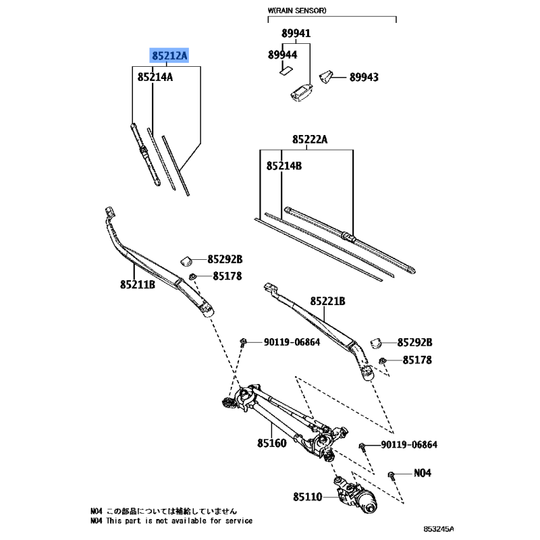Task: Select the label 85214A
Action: click(x=155, y=77)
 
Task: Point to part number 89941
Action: click(x=296, y=33)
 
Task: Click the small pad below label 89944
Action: click(x=285, y=68)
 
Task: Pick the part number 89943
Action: click(x=364, y=78)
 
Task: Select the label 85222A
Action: click(x=310, y=140)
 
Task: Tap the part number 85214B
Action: click(x=283, y=165)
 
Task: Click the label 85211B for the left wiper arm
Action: click(x=138, y=284)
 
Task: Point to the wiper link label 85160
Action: click(x=271, y=444)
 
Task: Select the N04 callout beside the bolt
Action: click(x=421, y=473)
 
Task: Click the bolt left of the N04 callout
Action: click(x=393, y=474)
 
